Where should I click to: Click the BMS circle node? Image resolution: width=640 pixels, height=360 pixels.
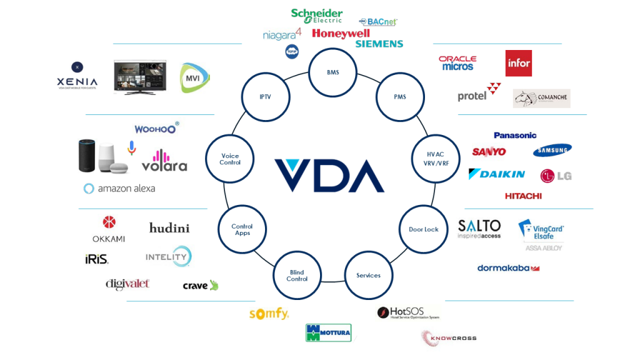coord(333,72)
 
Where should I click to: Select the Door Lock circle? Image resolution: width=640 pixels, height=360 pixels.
coord(423,229)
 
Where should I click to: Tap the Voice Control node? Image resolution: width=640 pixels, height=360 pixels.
coord(229,159)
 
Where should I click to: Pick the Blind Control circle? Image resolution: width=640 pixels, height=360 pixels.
coord(297,276)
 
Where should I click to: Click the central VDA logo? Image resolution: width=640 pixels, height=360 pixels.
coord(329,176)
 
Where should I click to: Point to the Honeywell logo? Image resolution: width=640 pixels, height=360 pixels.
coord(341,33)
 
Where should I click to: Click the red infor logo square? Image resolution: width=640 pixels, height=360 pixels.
coord(518,63)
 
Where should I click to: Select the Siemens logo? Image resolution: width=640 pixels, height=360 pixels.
coord(379,44)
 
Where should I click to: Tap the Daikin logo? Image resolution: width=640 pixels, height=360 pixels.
coord(497,174)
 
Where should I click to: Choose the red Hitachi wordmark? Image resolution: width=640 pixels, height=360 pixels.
coord(523,196)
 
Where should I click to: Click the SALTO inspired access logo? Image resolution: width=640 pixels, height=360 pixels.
coord(479,229)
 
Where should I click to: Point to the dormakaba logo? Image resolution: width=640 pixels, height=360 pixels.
coord(508,268)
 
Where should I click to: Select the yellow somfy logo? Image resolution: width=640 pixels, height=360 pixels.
coord(269,314)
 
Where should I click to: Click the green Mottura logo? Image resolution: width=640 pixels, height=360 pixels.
coord(328,332)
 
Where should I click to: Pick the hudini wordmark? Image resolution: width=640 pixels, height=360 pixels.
coord(169,228)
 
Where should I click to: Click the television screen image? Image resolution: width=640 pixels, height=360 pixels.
coord(140,77)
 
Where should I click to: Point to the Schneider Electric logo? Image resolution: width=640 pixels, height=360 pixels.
coord(317,16)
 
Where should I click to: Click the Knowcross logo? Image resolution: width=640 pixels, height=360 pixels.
coord(449,338)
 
